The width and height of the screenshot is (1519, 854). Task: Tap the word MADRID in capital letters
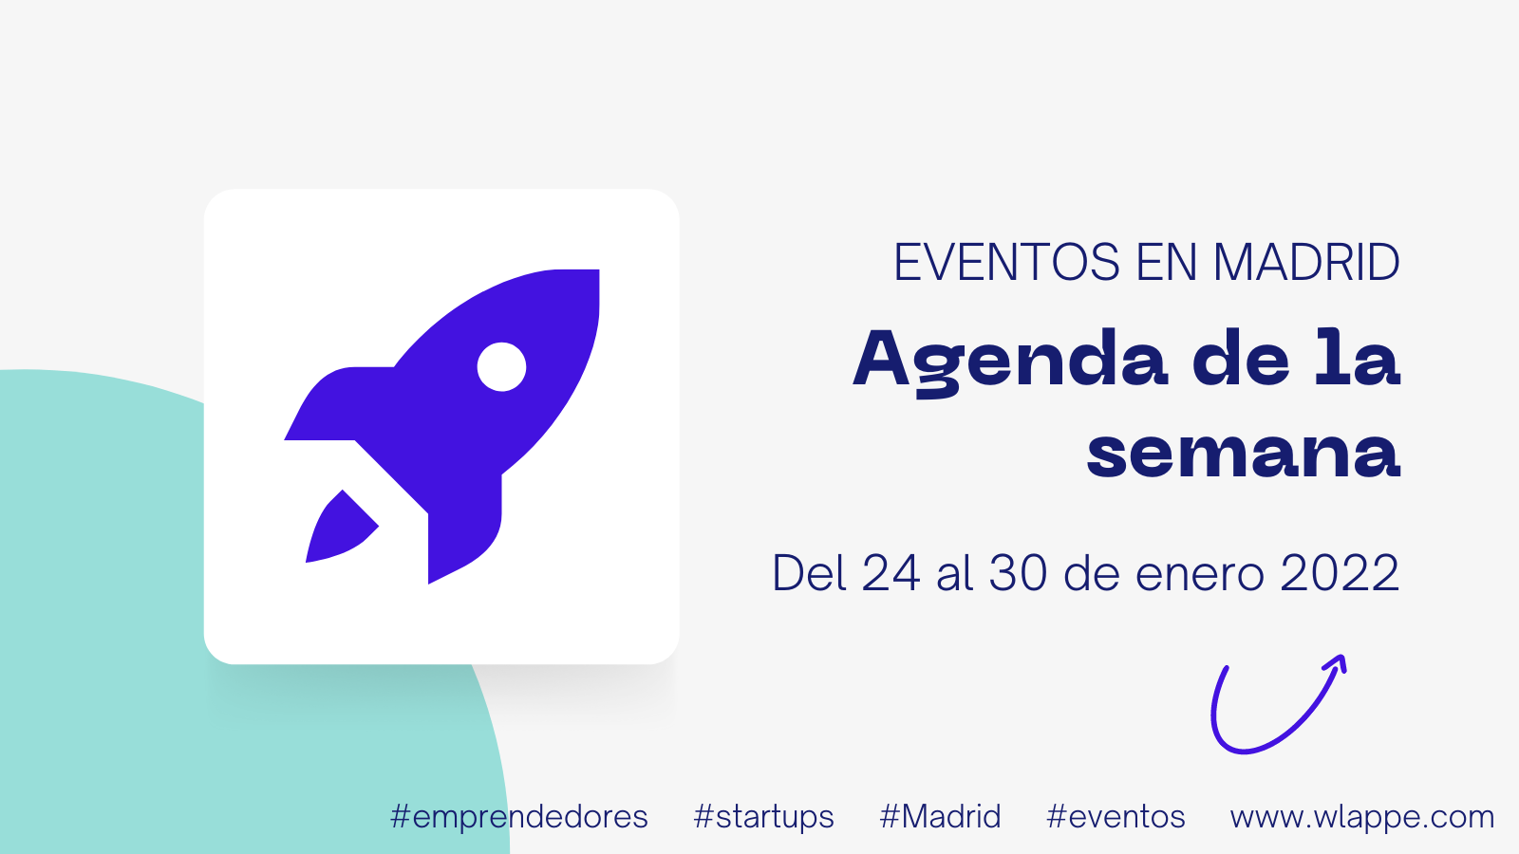pos(1306,262)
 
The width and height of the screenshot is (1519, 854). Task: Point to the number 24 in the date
pos(891,573)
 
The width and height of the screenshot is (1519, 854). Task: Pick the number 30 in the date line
pos(1018,573)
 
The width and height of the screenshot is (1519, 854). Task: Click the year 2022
pos(1340,573)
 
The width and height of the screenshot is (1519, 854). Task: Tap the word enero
pos(1200,578)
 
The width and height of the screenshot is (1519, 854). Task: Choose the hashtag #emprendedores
pos(518,817)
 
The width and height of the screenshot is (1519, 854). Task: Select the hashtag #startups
pos(763,817)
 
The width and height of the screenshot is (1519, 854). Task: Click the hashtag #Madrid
pos(940,816)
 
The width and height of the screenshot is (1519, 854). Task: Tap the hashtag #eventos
pos(1116,817)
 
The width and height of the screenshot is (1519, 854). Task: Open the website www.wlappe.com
pos(1362,818)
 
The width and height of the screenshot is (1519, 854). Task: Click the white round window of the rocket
pos(501,366)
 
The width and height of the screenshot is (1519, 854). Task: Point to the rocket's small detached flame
pos(341,528)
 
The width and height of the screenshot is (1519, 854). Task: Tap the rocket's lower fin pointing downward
pos(464,529)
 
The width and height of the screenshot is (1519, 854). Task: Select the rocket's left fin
pos(339,404)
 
